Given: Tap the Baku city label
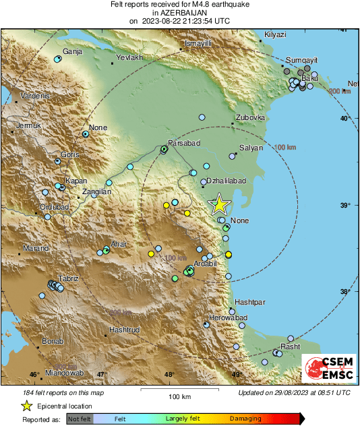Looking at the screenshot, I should tap(309, 79).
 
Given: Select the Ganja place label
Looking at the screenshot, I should tap(72, 51).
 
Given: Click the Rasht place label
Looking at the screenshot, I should tap(291, 346).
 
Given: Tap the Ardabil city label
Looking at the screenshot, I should tap(204, 264).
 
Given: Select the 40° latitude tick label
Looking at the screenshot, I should tap(345, 119).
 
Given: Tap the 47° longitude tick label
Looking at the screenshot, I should tap(101, 375).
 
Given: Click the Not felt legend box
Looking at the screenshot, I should tap(80, 419).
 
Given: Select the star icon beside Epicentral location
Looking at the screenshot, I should tap(26, 406).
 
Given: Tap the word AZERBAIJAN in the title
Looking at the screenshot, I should tap(179, 13).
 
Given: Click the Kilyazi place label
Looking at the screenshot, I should tap(276, 34).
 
